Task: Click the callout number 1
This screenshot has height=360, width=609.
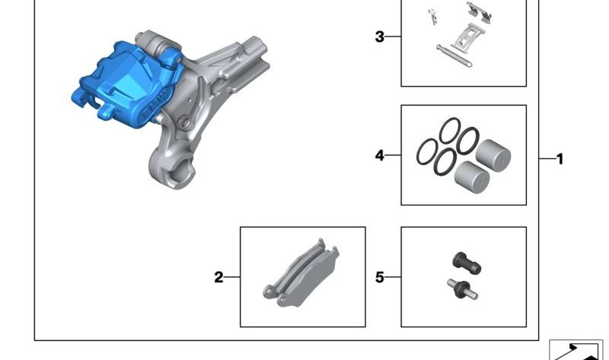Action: (560, 159)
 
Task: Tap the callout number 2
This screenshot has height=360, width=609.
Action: (218, 278)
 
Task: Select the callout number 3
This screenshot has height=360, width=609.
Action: (380, 37)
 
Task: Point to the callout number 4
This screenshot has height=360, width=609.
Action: (380, 156)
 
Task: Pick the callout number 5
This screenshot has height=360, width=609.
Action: (380, 278)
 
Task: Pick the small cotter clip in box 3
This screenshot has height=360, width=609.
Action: (433, 16)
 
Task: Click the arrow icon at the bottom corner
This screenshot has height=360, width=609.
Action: (576, 349)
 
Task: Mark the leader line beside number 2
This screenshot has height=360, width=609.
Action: (232, 278)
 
